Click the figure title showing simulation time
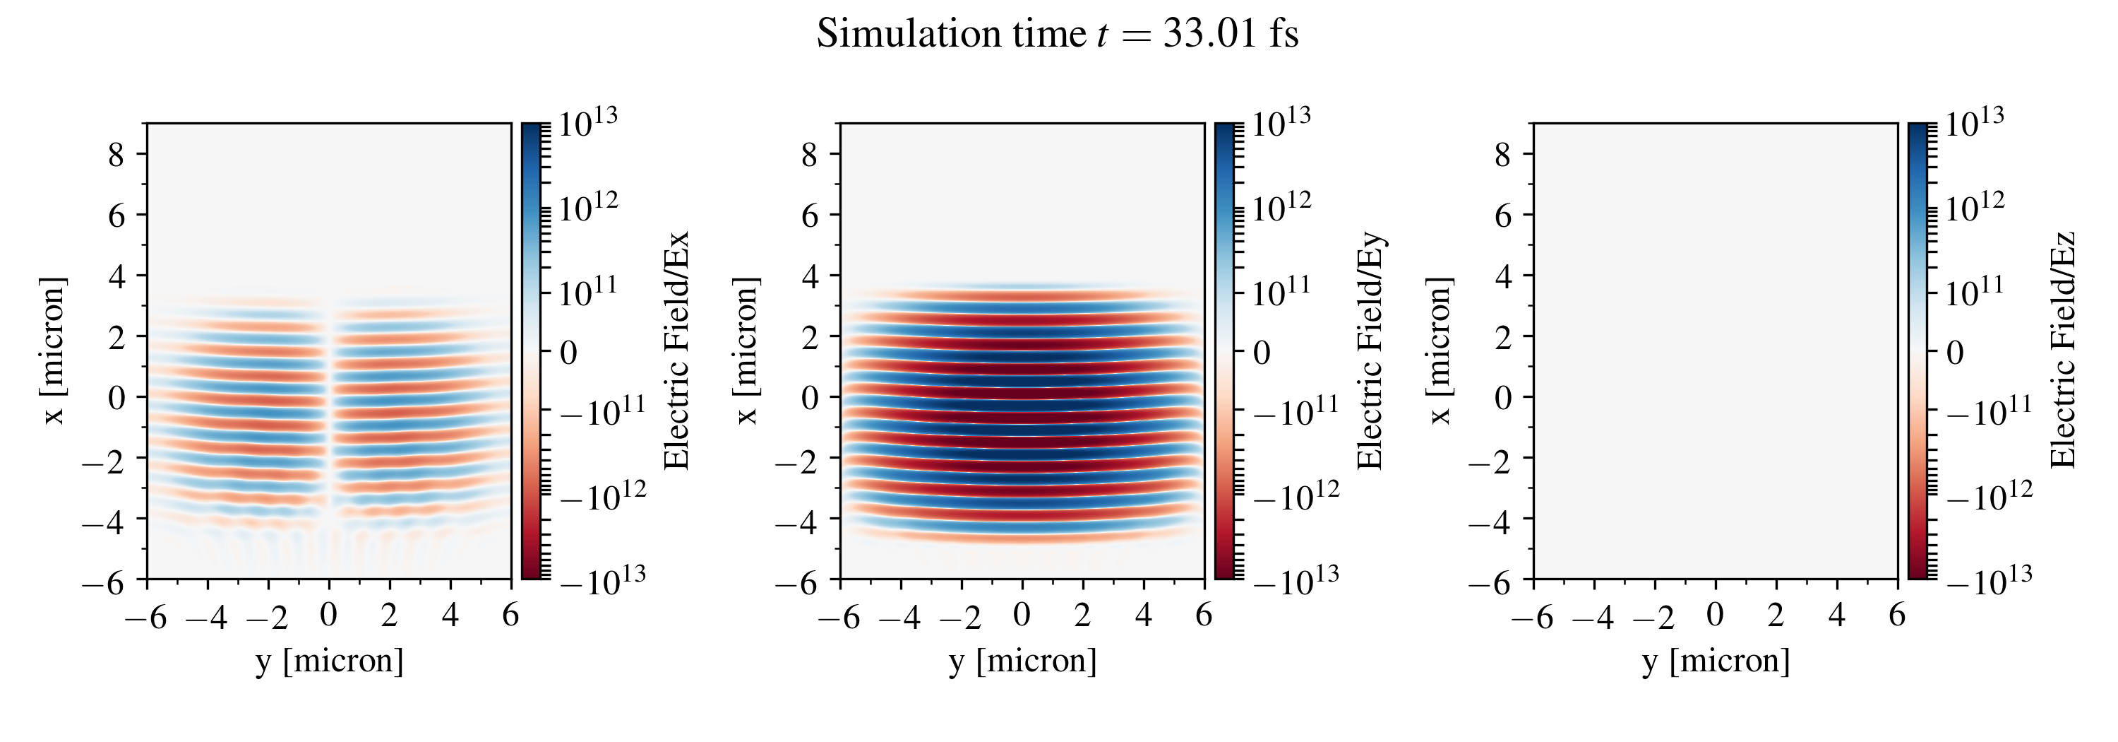[1058, 35]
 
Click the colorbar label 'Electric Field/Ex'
[676, 351]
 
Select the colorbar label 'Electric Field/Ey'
[1370, 351]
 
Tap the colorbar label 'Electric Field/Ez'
[2063, 351]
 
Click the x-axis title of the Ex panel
[329, 661]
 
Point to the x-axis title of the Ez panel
[1716, 661]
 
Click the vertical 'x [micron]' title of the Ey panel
[746, 351]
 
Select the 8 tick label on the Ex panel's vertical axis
[116, 154]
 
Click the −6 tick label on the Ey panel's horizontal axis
[839, 616]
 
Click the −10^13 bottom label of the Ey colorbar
[1295, 580]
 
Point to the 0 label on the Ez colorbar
[1955, 353]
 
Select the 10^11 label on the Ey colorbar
[1281, 292]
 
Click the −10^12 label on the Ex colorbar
[603, 496]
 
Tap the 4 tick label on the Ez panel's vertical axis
[1503, 276]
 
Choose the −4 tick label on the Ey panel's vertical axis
[798, 520]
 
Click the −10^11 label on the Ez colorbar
[1989, 411]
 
